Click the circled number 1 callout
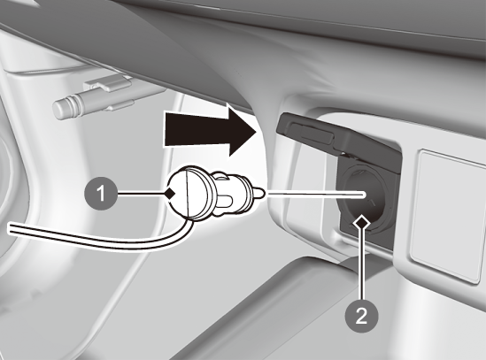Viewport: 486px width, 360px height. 101,194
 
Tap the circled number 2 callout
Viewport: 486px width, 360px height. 362,316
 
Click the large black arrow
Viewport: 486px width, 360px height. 211,130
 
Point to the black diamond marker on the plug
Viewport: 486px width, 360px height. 170,194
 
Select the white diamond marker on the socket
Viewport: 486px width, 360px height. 362,222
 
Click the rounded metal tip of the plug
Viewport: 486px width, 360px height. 259,194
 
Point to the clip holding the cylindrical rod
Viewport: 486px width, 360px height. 110,85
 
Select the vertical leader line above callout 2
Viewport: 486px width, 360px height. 362,264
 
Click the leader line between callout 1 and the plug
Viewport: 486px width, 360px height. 141,194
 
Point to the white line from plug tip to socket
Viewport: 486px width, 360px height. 316,195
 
